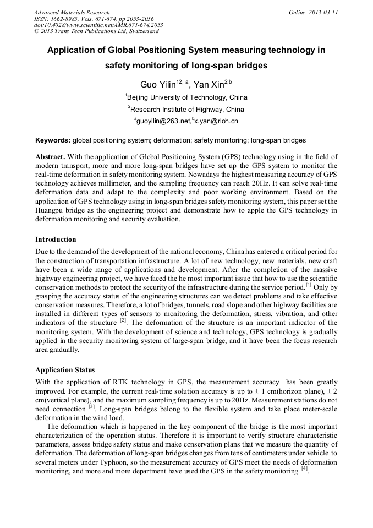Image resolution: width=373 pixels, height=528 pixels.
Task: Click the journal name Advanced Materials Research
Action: point(72,12)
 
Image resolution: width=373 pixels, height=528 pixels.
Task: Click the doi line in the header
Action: point(98,25)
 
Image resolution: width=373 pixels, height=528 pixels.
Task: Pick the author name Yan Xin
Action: point(211,85)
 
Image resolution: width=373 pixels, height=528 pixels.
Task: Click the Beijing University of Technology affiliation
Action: point(187,97)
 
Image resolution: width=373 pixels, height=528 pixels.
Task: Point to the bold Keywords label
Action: point(53,140)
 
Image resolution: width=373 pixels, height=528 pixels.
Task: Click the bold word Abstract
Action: point(51,156)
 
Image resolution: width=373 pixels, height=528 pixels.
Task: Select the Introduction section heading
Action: point(56,239)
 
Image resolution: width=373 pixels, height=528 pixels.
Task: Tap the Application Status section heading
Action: point(65,370)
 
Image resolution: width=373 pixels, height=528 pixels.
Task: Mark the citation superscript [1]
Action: point(308,285)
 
